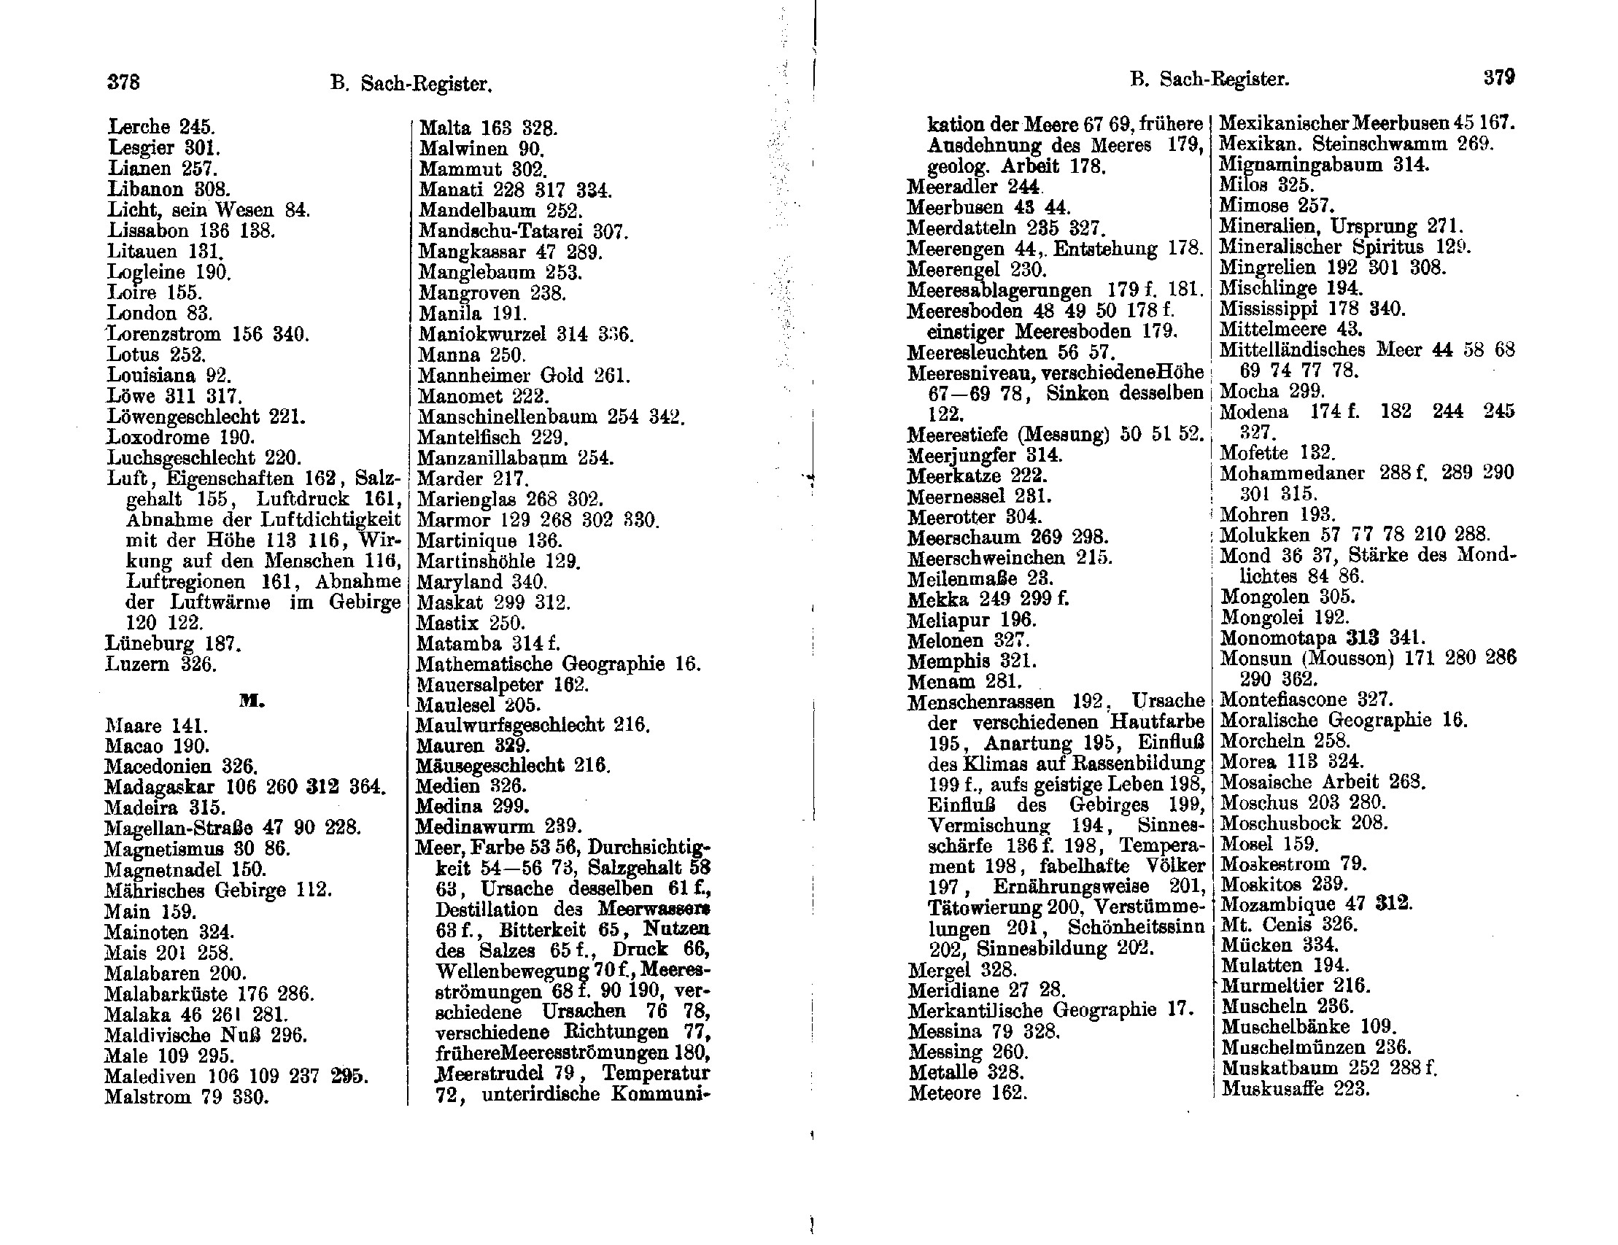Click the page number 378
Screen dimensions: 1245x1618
tap(124, 82)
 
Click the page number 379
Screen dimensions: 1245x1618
tap(1498, 78)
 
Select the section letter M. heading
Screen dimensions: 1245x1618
tap(252, 701)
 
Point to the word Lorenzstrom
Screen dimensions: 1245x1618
tap(164, 334)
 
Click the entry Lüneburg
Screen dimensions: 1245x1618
tap(150, 643)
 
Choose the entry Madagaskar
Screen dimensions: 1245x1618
tap(159, 786)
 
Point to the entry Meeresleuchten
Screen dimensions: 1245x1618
tap(977, 352)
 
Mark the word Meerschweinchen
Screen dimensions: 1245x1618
tap(986, 558)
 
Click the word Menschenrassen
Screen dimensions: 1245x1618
tap(980, 702)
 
